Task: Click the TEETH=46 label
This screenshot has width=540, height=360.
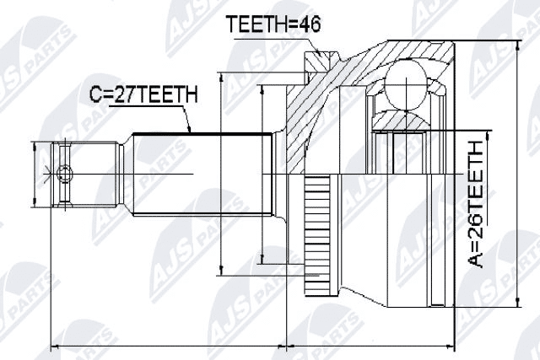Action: coord(263,26)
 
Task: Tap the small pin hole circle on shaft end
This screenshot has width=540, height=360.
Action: coord(65,175)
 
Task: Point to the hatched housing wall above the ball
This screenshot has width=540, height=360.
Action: coord(371,63)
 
